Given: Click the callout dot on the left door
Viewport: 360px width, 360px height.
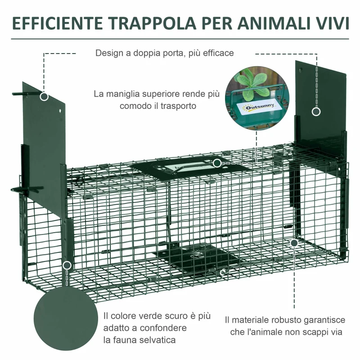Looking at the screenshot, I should coord(44,96).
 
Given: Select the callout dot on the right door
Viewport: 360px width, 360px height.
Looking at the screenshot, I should coord(316,112).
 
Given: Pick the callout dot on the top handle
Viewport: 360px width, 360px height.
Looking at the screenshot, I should coord(217,163).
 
